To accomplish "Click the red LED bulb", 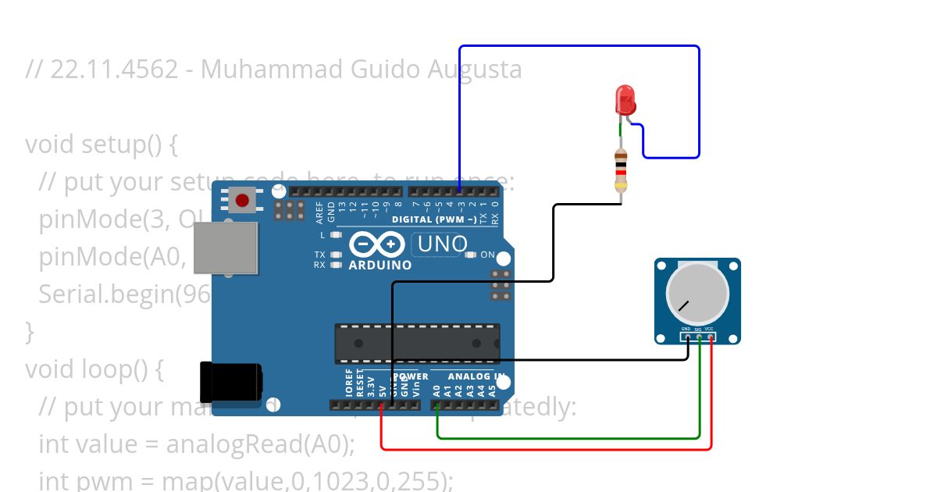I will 625,100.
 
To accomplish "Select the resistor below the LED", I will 621,170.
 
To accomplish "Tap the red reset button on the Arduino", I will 242,201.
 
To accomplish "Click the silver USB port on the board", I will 226,248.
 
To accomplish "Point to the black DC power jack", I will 230,383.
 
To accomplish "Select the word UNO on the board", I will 443,244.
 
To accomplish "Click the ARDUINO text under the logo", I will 380,265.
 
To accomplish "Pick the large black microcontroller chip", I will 417,344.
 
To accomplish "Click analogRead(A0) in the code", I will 260,444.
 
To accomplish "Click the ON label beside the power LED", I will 487,255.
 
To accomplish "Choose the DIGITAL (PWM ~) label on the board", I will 434,219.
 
